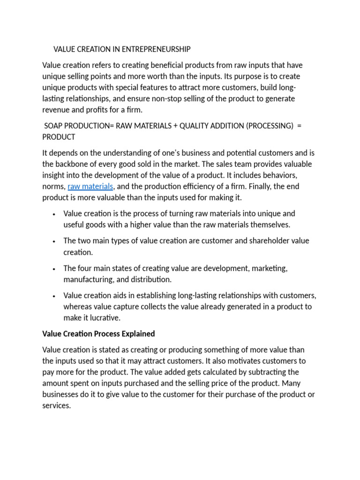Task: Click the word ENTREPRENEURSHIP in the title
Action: pyautogui.click(x=155, y=49)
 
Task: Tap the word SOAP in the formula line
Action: pyautogui.click(x=53, y=126)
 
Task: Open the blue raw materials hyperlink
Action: pyautogui.click(x=90, y=187)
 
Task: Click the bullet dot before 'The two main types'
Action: pyautogui.click(x=55, y=241)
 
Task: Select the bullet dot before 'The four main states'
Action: pyautogui.click(x=55, y=269)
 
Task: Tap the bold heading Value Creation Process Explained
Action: pyautogui.click(x=98, y=334)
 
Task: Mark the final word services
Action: pyautogui.click(x=56, y=406)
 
